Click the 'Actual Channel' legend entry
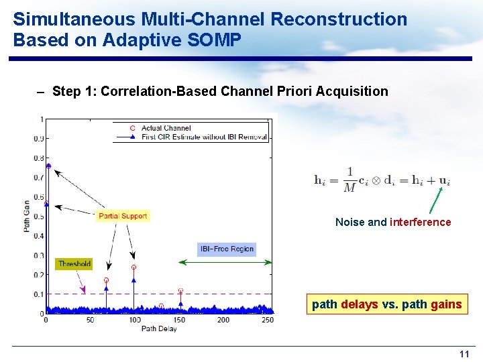click(x=166, y=128)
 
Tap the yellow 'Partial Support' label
click(x=122, y=216)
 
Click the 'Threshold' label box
click(x=74, y=264)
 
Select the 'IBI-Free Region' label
click(x=227, y=249)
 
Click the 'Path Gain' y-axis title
click(x=27, y=216)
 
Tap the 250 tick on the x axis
click(x=267, y=320)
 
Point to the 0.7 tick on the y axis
click(x=38, y=178)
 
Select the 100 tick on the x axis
click(x=135, y=320)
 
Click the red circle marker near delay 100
click(x=134, y=267)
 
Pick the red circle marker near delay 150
click(x=180, y=290)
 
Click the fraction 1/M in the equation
click(x=350, y=180)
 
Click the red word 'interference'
click(x=421, y=222)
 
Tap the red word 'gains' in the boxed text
click(x=446, y=304)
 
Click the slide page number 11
click(x=464, y=354)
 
